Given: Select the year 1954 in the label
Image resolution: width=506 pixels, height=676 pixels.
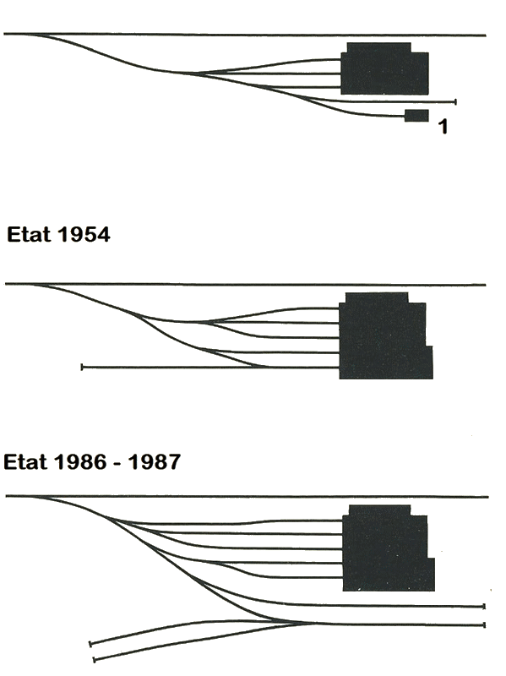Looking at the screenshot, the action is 84,235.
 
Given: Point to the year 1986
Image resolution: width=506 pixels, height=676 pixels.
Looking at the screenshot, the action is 80,461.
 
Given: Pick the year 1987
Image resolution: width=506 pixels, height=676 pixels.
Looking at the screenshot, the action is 155,461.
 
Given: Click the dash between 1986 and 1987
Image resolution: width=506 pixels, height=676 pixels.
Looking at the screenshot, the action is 117,463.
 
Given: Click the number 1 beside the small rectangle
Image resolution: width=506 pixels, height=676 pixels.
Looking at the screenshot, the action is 443,127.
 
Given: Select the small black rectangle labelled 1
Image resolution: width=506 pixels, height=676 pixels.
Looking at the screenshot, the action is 416,116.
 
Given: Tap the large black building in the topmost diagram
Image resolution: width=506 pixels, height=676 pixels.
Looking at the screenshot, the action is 384,69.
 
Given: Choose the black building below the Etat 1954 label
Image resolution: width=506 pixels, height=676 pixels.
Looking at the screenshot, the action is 385,336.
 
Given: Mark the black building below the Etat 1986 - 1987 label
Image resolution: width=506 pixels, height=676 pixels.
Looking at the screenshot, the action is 388,548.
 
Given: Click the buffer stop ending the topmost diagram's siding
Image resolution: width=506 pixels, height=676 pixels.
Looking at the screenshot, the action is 455,101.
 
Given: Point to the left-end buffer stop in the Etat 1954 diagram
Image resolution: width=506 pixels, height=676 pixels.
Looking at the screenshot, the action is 82,368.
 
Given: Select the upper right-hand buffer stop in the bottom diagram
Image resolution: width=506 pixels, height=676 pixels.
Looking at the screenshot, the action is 484,607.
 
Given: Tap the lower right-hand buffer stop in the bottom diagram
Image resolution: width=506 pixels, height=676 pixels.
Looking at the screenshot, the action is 484,624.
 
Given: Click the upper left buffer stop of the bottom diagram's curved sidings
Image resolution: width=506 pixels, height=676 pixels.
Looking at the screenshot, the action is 90,644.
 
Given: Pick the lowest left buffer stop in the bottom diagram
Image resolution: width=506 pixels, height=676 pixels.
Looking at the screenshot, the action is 95,660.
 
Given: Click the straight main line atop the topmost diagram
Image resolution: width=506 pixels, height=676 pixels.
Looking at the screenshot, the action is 245,35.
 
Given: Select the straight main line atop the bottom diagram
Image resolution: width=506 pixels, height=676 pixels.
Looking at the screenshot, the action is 247,497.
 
